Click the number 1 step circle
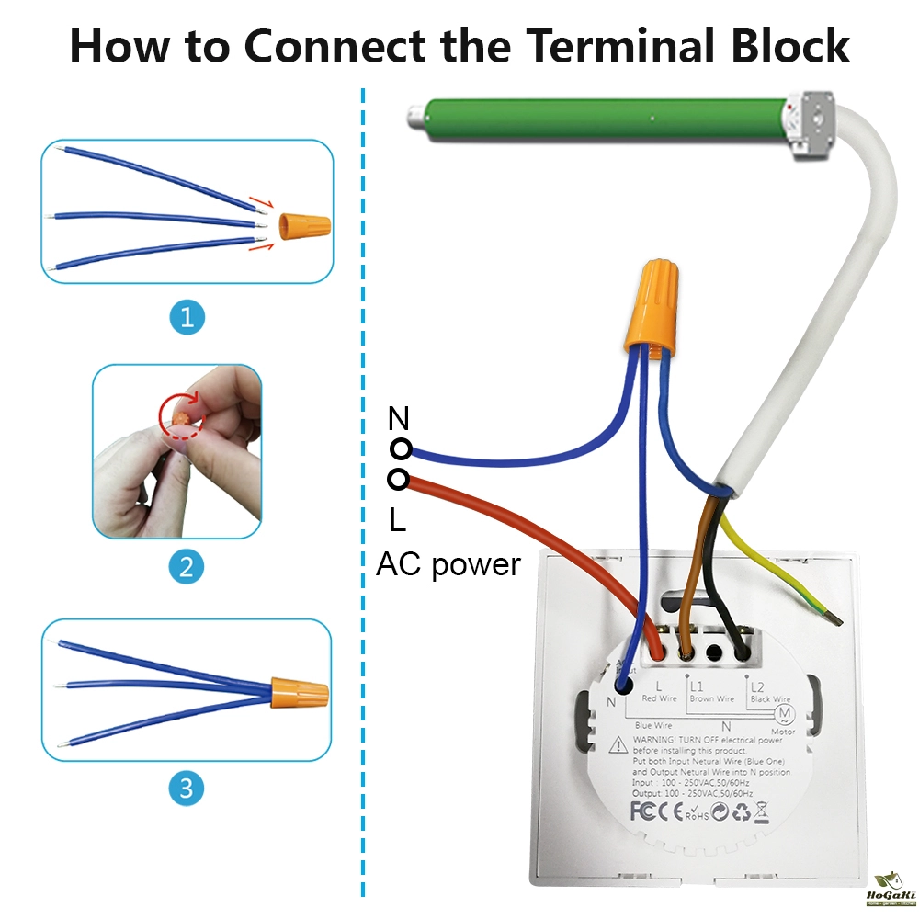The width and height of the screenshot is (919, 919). [x=187, y=318]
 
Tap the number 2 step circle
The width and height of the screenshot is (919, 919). [x=187, y=566]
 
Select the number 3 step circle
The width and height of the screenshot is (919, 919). [x=187, y=788]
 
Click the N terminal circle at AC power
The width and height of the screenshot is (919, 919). [x=400, y=448]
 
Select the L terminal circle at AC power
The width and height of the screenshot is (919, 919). [x=399, y=479]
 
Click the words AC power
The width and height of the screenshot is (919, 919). [x=448, y=563]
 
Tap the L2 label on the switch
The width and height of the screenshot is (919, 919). [x=757, y=686]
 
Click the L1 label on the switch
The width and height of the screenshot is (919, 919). [x=697, y=686]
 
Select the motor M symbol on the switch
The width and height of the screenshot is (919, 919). [x=784, y=714]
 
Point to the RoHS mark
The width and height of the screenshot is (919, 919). [x=699, y=813]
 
